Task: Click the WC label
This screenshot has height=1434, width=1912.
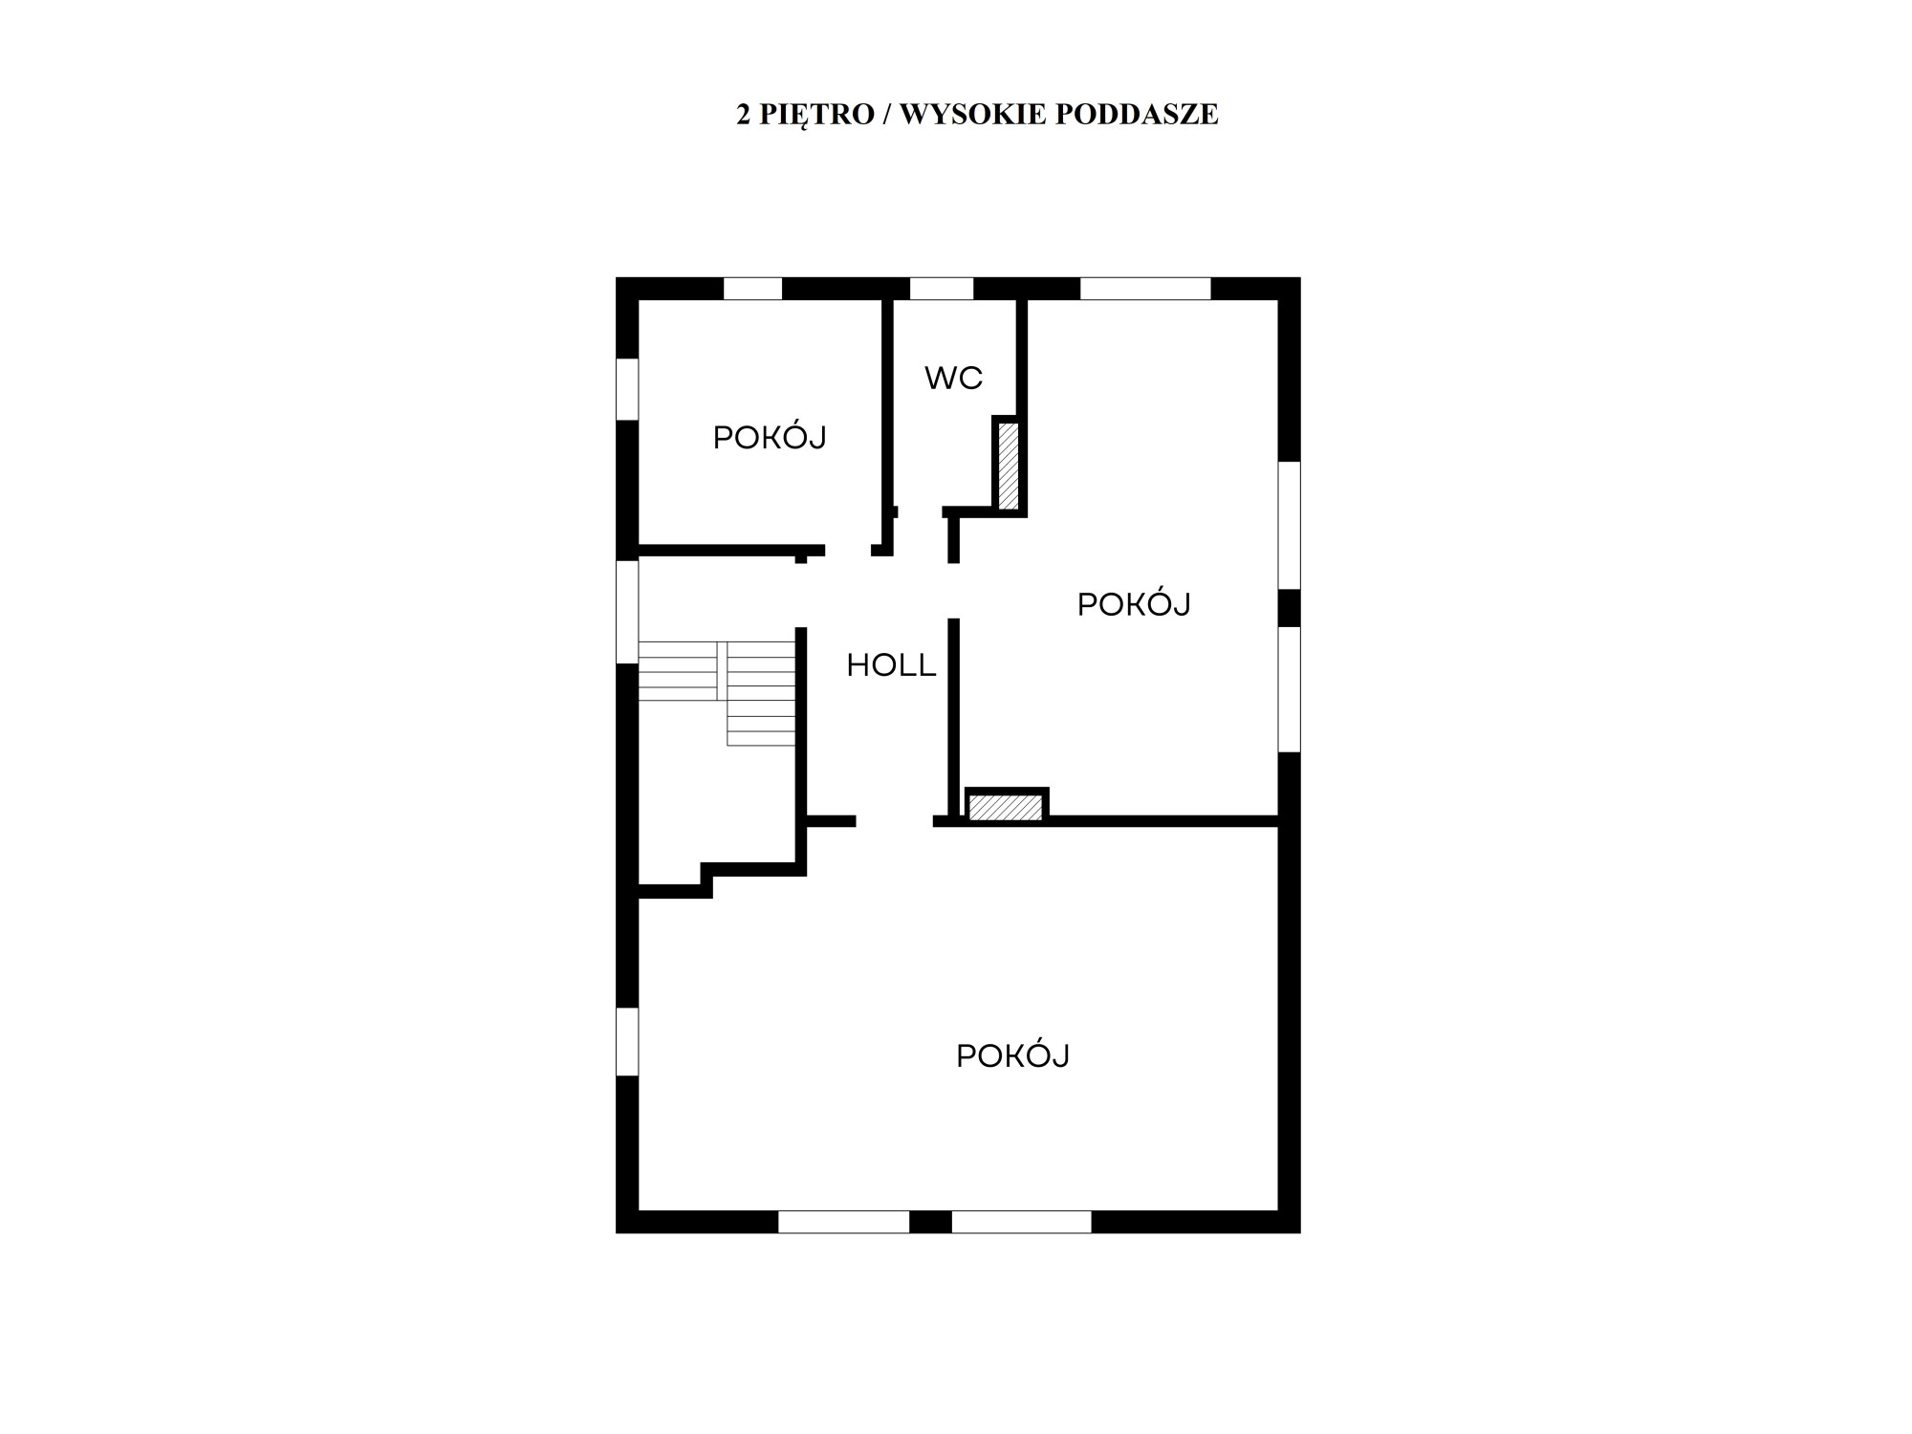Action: click(x=953, y=379)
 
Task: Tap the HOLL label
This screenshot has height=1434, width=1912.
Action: click(x=891, y=665)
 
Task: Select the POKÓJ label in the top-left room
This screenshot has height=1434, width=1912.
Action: click(x=770, y=438)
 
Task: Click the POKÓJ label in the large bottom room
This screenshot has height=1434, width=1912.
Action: click(x=1012, y=1055)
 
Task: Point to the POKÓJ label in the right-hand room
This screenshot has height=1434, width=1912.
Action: click(x=1134, y=604)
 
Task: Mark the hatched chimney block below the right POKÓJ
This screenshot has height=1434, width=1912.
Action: click(x=1006, y=807)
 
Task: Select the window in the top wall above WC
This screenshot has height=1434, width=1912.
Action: click(x=942, y=288)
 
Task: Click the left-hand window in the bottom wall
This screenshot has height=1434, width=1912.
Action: click(x=843, y=1222)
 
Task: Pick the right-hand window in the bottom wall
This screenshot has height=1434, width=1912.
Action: click(x=1022, y=1222)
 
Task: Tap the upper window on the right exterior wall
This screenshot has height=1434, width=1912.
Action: click(x=1290, y=525)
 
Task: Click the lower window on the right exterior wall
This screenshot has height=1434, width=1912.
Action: click(x=1290, y=689)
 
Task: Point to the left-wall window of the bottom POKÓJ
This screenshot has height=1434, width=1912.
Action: click(x=627, y=1041)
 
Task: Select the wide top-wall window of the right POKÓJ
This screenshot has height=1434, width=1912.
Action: click(x=1145, y=288)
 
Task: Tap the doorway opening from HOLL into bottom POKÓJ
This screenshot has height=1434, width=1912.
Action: click(x=895, y=821)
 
